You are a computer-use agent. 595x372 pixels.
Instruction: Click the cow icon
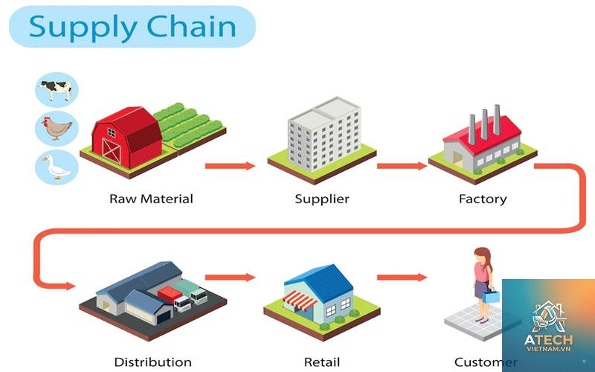[x=56, y=90]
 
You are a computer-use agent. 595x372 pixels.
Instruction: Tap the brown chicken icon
[x=57, y=128]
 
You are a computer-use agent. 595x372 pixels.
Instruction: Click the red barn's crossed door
[x=111, y=151]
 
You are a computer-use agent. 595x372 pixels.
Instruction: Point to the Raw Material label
[x=151, y=199]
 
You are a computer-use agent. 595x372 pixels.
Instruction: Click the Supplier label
[x=322, y=199]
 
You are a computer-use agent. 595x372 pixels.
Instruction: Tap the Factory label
[x=483, y=199]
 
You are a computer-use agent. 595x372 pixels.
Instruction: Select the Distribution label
[x=152, y=362]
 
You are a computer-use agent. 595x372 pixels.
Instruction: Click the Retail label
[x=322, y=362]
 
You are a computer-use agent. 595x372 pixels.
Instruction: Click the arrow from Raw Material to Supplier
[x=230, y=166]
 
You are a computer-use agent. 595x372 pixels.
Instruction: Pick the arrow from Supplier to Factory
[x=402, y=166]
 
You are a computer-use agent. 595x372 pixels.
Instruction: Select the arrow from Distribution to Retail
[x=230, y=278]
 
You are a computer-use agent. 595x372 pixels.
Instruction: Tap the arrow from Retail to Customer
[x=402, y=278]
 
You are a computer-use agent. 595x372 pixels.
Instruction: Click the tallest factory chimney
[x=497, y=120]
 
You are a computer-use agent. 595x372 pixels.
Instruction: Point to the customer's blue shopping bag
[x=492, y=295]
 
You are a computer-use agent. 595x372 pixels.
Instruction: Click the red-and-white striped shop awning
[x=300, y=300]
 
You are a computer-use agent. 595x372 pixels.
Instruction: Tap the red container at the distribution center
[x=170, y=294]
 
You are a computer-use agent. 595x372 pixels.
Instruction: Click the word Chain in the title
[x=191, y=27]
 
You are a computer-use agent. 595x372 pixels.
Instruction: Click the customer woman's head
[x=482, y=255]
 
